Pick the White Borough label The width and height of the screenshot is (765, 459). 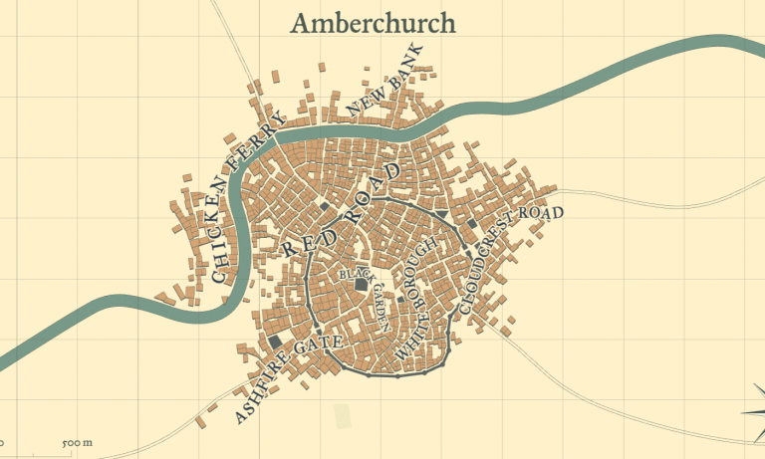tap(417, 298)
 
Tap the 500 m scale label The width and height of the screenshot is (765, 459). tap(77, 442)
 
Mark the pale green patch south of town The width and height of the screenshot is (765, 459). tap(344, 416)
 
